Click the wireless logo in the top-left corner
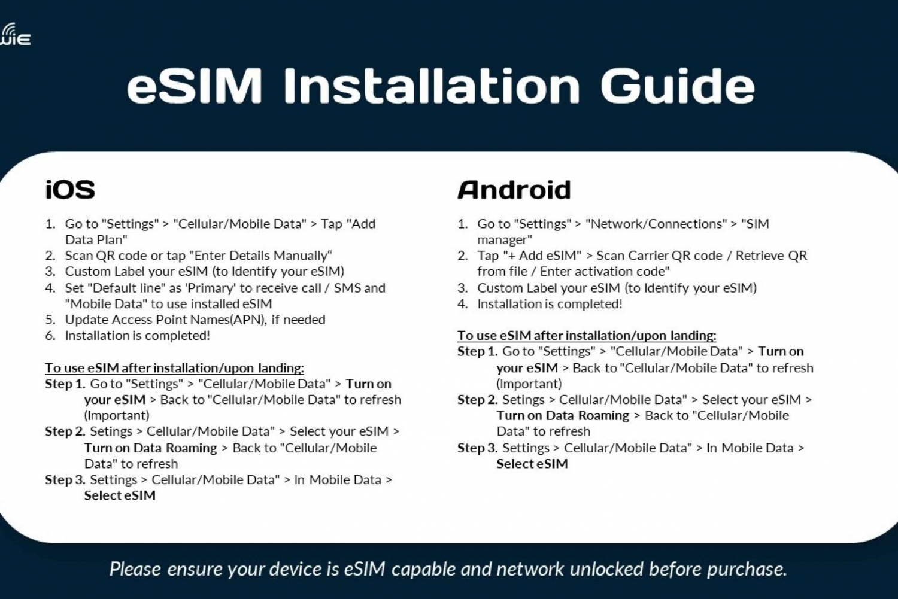click(x=14, y=34)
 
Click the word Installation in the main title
click(x=432, y=86)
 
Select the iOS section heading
click(x=70, y=190)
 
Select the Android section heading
click(x=514, y=190)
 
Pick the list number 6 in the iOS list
click(x=50, y=335)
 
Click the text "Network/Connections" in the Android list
click(x=656, y=224)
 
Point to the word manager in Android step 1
click(x=504, y=240)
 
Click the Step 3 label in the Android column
click(x=478, y=448)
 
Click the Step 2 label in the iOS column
click(x=65, y=431)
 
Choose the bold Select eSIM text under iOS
click(x=120, y=495)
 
